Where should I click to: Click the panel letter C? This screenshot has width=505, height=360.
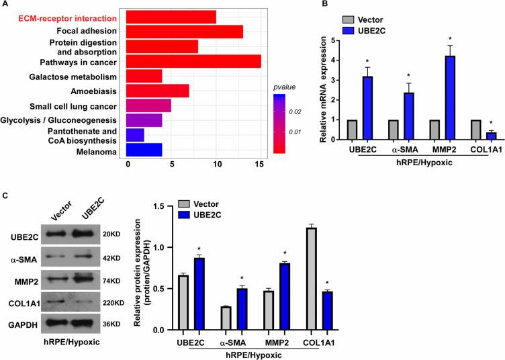click(5, 194)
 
